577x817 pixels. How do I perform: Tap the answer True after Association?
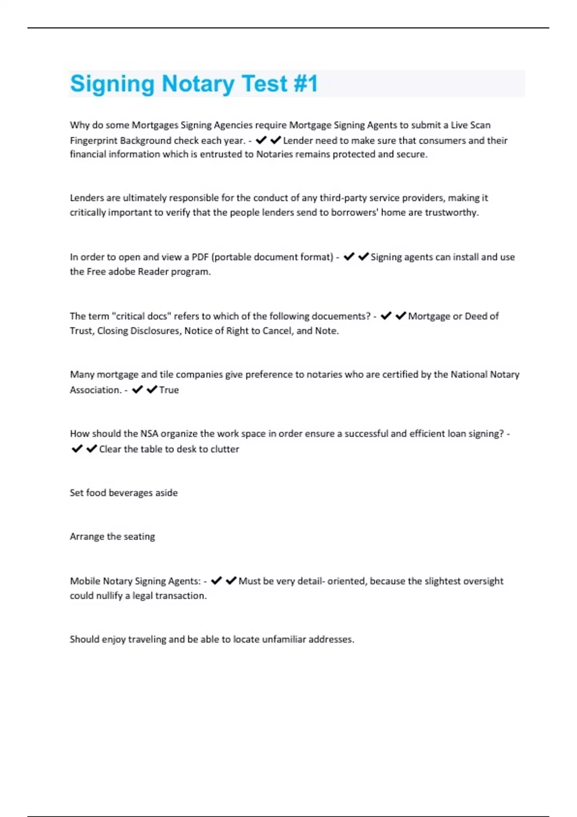[169, 390]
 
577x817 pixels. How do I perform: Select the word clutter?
[225, 449]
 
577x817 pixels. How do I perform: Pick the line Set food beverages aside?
[124, 493]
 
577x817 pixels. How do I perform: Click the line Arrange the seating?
[112, 537]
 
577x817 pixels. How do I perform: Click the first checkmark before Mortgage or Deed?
[386, 316]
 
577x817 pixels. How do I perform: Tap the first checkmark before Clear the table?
[76, 449]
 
